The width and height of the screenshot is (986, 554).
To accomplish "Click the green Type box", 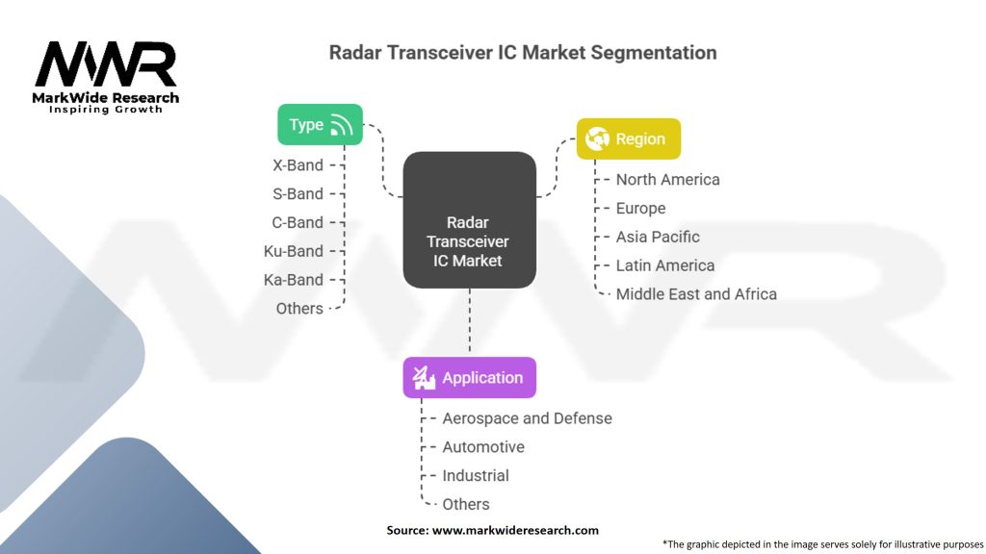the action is click(320, 124).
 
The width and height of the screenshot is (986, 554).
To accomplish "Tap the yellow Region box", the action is click(628, 138).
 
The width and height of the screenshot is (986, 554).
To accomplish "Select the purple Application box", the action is click(470, 377).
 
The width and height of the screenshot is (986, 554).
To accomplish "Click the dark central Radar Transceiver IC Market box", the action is click(470, 220).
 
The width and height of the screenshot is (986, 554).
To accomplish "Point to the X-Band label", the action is click(298, 165).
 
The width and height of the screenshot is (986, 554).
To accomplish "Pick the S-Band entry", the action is click(298, 194).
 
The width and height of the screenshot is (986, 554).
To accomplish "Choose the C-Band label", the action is click(298, 222).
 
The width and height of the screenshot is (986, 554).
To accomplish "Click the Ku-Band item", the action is click(293, 251).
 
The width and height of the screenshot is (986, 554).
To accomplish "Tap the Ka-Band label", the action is click(293, 280).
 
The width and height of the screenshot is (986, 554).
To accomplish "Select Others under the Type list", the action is click(299, 309).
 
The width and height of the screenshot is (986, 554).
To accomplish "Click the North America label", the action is click(668, 180).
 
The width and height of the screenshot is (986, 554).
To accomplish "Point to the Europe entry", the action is click(640, 208).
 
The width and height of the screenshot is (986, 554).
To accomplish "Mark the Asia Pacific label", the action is click(658, 237).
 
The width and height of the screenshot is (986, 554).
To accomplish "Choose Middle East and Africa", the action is click(696, 294).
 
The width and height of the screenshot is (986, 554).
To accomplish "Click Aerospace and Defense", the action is click(527, 418).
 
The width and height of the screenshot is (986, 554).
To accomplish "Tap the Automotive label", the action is click(483, 447).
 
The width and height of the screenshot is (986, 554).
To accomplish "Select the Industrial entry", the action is click(476, 475).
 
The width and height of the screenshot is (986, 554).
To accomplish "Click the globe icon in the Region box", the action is click(597, 138).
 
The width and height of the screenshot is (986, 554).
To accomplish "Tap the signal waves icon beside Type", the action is click(342, 125).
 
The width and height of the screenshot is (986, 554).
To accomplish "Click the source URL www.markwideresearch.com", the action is click(515, 530).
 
